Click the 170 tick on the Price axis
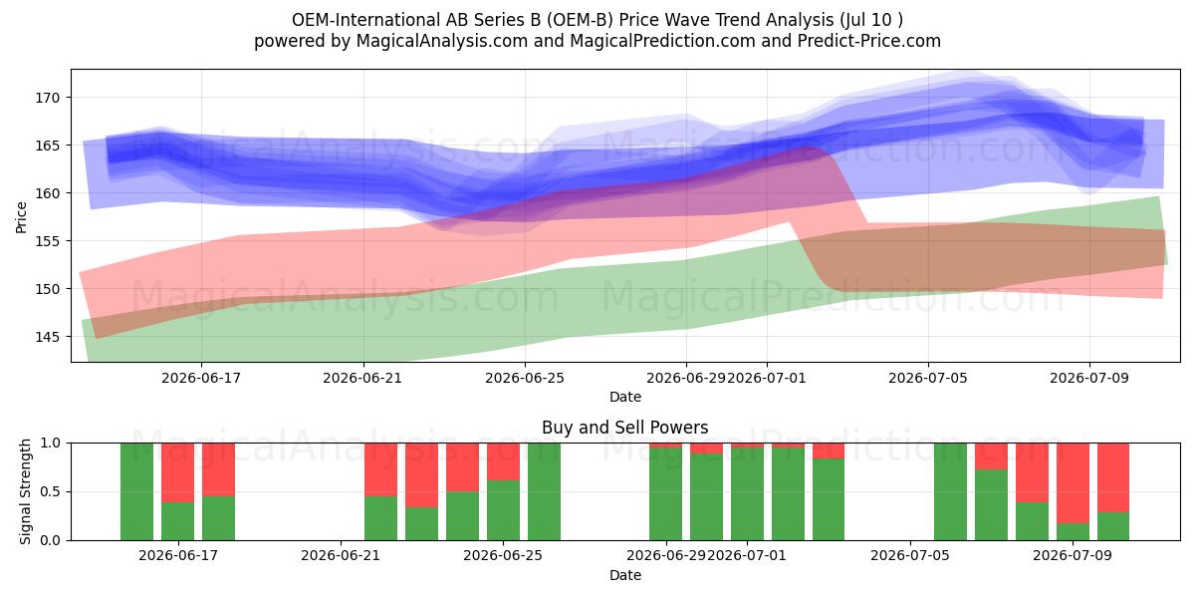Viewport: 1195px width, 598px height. [48, 98]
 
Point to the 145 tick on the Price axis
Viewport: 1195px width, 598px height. [48, 337]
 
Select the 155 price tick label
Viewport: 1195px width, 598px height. [48, 241]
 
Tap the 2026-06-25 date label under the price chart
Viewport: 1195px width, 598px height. [525, 378]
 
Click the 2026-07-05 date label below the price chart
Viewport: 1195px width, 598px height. [928, 378]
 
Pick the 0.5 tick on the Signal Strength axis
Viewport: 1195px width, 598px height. [50, 491]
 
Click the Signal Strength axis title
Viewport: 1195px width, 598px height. [25, 491]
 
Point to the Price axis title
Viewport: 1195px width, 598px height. [21, 217]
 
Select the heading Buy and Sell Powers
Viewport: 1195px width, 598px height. [624, 428]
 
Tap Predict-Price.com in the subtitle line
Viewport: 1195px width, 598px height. [869, 41]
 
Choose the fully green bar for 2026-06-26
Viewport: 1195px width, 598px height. [544, 491]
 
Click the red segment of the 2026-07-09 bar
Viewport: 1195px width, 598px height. [1073, 483]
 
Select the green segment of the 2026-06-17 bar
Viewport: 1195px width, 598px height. [177, 521]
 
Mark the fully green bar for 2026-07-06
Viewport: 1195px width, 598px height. [950, 491]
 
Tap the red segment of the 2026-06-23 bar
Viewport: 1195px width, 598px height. [421, 475]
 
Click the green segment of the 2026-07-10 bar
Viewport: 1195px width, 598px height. [1113, 526]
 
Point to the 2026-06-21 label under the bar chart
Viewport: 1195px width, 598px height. [341, 556]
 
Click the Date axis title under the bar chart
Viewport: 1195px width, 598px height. [625, 576]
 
